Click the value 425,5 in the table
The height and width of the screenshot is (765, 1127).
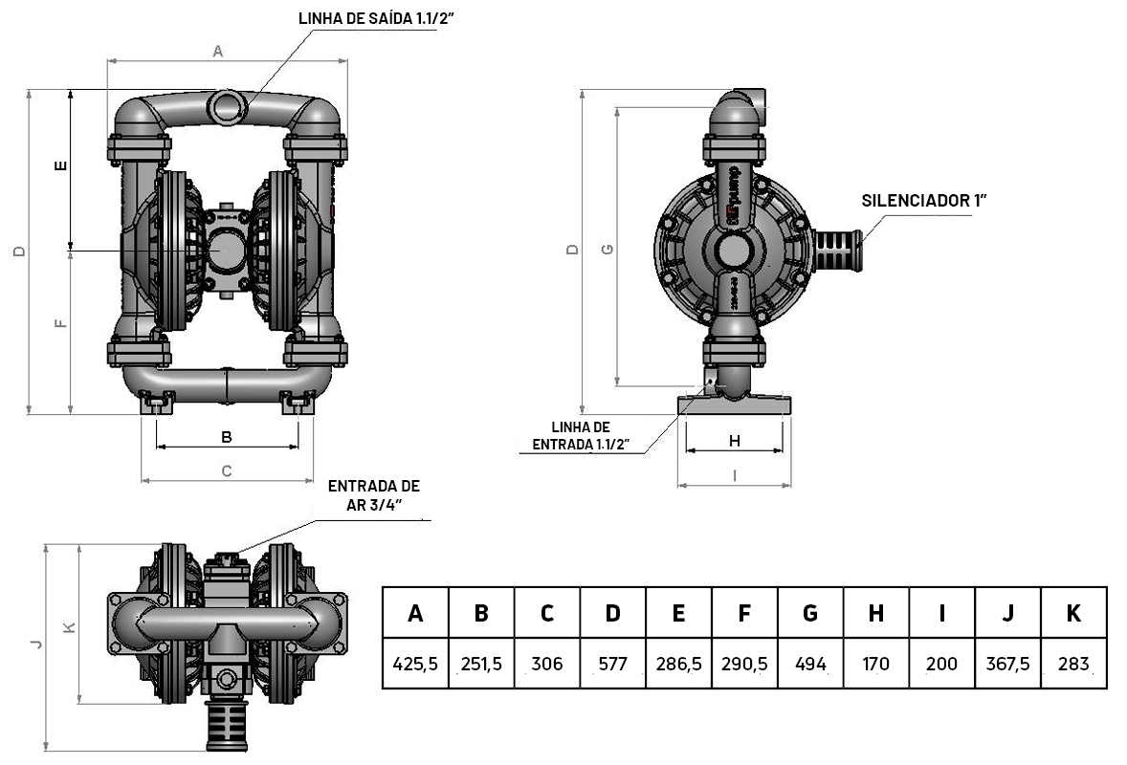414,664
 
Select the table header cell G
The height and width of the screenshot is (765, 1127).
810,614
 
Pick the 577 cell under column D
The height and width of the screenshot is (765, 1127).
612,664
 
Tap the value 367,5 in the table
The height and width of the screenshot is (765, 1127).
1007,664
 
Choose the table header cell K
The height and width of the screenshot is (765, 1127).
1073,614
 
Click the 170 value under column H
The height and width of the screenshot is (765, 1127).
875,664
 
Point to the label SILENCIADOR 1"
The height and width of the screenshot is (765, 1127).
924,201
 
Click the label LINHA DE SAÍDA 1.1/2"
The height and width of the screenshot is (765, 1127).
376,19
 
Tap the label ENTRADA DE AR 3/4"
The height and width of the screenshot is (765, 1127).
374,495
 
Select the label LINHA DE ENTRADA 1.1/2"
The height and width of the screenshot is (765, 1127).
581,436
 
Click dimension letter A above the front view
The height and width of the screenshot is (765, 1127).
218,51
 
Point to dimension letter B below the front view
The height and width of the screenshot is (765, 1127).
227,437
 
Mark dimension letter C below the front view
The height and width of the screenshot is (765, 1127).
227,471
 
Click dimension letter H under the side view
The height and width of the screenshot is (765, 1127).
735,441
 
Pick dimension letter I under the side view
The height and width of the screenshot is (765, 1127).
735,475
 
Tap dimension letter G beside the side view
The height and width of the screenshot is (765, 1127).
608,250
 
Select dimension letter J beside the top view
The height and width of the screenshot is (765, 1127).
36,645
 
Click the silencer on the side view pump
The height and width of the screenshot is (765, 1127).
837,251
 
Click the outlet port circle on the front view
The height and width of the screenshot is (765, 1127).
228,106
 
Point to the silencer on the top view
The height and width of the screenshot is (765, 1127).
227,726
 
